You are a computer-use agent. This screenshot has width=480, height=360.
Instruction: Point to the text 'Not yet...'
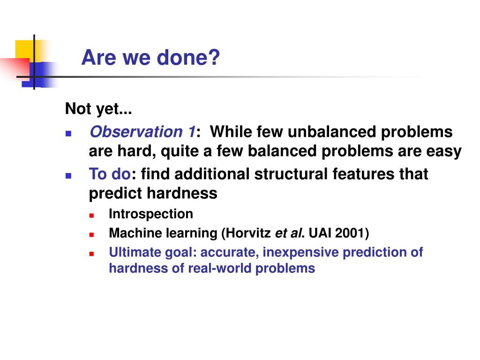[98, 109]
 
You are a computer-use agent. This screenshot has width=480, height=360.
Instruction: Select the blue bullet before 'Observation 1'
[68, 134]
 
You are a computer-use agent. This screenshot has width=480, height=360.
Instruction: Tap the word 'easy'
[444, 151]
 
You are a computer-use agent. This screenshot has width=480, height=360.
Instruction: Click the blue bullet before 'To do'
[68, 176]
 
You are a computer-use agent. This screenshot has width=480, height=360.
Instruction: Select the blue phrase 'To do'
[110, 174]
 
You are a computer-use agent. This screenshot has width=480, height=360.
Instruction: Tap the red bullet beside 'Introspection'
[91, 216]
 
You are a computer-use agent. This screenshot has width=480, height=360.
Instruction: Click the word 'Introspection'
[151, 214]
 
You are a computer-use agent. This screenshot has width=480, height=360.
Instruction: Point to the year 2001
[349, 233]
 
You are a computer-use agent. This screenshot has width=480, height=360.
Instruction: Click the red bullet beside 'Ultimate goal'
[91, 254]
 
